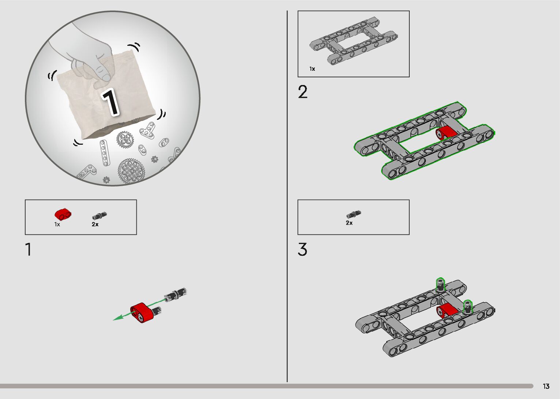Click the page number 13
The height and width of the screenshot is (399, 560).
pos(546,386)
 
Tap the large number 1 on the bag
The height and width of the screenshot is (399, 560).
pos(110,102)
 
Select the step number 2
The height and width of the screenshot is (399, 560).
pos(302,92)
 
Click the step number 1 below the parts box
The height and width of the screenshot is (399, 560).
pos(29,249)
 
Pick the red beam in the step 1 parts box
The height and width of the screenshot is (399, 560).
pos(63,214)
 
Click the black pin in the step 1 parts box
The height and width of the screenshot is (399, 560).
pos(99,216)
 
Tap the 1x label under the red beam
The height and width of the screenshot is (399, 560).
pos(57,225)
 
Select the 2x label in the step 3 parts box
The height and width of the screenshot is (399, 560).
pos(349,223)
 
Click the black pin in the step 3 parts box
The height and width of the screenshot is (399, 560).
pos(353,214)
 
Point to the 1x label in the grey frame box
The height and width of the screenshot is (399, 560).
pos(312,69)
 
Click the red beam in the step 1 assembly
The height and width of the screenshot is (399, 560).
pos(141,313)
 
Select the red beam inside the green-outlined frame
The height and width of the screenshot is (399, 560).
pos(447,132)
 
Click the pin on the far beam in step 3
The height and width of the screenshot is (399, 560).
pos(440,285)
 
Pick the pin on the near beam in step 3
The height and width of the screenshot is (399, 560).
pos(468,307)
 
